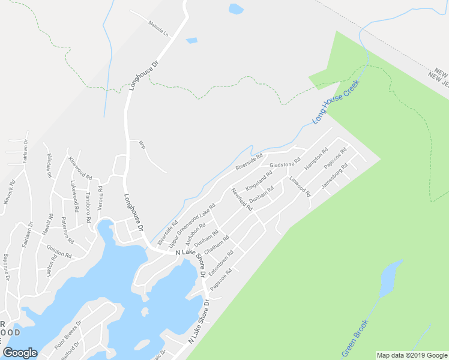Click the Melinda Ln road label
(x=158, y=28)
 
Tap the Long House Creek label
(x=327, y=103)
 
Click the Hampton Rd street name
(x=316, y=159)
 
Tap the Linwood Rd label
(x=300, y=187)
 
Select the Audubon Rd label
(x=196, y=235)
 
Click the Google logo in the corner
(x=20, y=353)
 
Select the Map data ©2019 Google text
(x=411, y=355)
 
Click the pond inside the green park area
(x=390, y=275)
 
